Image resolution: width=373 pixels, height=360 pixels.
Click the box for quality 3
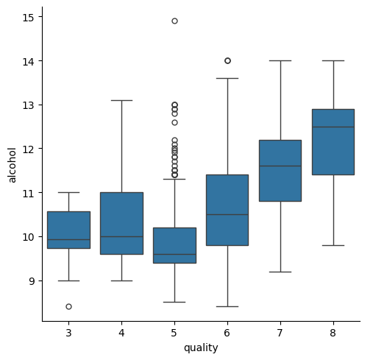pos(68,230)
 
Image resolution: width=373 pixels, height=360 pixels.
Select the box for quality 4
pos(121,223)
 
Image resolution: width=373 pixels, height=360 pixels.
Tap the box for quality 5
pos(174,245)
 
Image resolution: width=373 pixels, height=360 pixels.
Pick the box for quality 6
pos(227,210)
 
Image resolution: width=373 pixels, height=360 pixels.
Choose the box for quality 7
pos(280,170)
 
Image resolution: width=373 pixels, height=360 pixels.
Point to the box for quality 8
pos(333,141)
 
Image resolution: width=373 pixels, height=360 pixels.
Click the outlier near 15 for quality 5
pos(174,21)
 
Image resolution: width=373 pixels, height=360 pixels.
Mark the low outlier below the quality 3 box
pos(68,306)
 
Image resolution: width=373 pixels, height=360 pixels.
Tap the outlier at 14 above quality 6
pos(227,60)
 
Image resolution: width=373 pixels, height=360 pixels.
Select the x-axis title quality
pos(201,348)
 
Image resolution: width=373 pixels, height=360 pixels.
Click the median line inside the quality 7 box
pos(280,166)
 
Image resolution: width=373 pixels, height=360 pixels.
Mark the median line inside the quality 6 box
pos(227,214)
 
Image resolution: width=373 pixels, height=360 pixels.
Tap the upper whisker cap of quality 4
pos(121,100)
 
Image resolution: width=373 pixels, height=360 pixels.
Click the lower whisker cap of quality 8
pos(333,245)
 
